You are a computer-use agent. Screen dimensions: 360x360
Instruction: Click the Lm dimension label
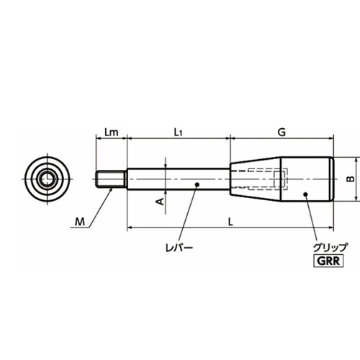coord(112,132)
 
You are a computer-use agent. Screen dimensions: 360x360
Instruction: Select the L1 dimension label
coord(178,132)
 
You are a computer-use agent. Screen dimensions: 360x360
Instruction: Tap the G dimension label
coord(282,132)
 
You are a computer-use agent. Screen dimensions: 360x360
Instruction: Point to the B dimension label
coord(351,179)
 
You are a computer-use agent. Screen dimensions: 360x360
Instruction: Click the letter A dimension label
coord(161,202)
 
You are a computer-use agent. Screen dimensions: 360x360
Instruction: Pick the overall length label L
coord(230,222)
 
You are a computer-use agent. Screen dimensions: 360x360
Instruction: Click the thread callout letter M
coord(80,222)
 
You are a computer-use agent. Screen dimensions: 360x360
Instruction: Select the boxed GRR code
coord(328,261)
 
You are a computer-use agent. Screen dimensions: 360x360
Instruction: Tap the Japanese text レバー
coord(179,248)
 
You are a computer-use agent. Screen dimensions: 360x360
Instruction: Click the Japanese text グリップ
coord(330,247)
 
